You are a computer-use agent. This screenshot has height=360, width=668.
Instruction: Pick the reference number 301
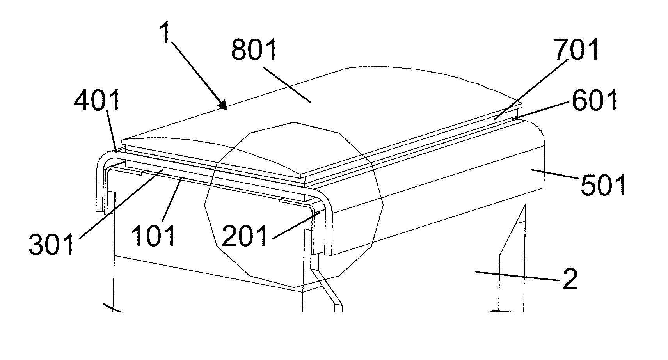point(52,243)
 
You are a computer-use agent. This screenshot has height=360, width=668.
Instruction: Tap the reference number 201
point(245,235)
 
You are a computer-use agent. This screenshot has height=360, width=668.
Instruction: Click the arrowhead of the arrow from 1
point(222,105)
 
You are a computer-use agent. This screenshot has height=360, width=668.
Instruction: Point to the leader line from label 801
point(287,84)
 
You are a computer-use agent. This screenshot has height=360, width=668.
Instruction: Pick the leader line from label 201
point(297,224)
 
